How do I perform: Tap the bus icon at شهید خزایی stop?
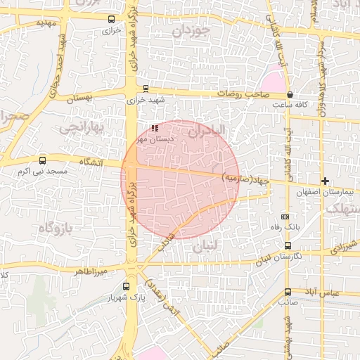point(146,89)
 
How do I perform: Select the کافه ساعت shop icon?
point(290,94)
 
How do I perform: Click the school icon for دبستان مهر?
point(155,129)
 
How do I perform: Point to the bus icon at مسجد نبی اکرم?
point(43,160)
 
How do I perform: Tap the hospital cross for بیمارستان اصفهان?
point(325,181)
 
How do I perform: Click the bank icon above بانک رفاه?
point(285,217)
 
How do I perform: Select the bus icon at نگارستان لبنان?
point(288,245)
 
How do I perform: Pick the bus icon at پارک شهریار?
point(126,286)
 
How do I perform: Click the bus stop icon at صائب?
point(288,292)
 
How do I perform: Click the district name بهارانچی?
point(81,127)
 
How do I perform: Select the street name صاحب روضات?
point(243,94)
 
